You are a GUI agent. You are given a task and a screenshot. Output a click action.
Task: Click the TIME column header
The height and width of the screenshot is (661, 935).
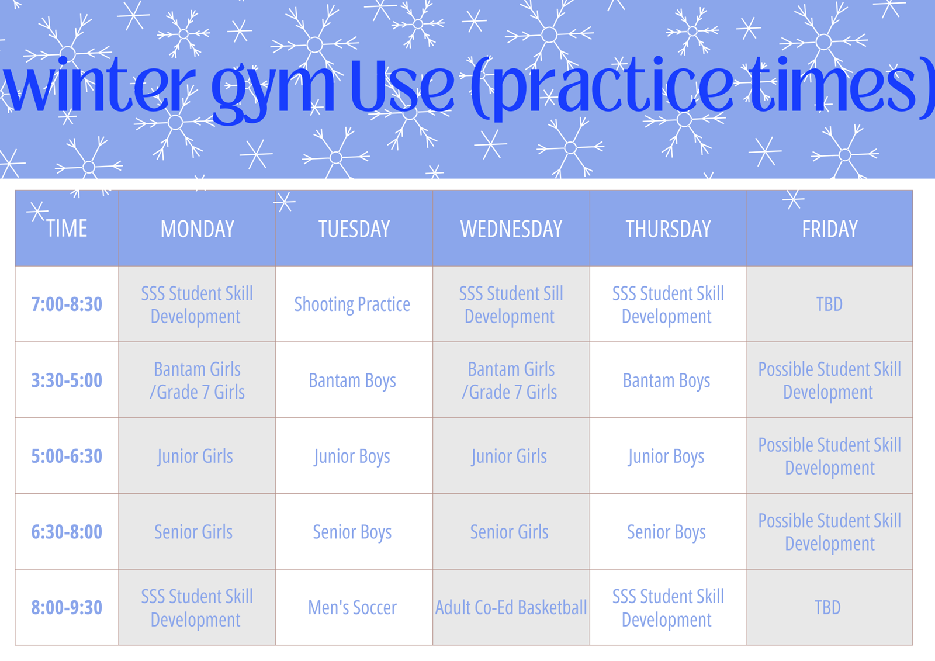(67, 229)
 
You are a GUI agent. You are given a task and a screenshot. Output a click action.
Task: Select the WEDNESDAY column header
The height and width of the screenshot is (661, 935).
(511, 229)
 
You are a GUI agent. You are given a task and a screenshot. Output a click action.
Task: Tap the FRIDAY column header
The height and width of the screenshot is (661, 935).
(829, 229)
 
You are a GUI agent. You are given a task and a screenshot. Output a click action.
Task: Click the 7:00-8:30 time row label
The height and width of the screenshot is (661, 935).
(67, 304)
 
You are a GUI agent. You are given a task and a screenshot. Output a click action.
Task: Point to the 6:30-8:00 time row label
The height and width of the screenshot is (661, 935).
(67, 532)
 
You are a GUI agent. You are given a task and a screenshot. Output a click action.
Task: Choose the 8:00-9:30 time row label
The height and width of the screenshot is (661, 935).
(67, 608)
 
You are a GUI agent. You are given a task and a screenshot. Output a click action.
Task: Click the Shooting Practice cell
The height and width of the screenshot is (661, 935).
(352, 304)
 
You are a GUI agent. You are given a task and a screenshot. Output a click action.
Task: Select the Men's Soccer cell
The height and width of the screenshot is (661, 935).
(352, 608)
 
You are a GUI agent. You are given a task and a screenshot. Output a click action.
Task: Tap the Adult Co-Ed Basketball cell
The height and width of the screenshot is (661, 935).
(511, 608)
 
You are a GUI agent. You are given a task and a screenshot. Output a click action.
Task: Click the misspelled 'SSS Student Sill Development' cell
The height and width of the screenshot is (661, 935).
(511, 304)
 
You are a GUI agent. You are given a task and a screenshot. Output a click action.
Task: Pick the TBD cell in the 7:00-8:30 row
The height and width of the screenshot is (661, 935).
(829, 304)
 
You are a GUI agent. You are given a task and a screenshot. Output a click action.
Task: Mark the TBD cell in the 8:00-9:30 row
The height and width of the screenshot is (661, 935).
(827, 608)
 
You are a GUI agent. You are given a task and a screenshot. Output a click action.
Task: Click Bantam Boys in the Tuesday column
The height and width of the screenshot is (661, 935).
(352, 380)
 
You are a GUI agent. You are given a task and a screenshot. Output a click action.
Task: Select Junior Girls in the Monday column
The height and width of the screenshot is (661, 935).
(195, 456)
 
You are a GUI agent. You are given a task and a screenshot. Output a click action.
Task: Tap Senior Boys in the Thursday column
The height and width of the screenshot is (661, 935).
(666, 532)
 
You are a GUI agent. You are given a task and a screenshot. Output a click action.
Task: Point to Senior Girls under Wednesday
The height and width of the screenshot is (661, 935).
(509, 532)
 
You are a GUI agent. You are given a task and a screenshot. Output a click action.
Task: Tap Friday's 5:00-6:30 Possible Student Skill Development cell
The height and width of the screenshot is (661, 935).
(829, 456)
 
